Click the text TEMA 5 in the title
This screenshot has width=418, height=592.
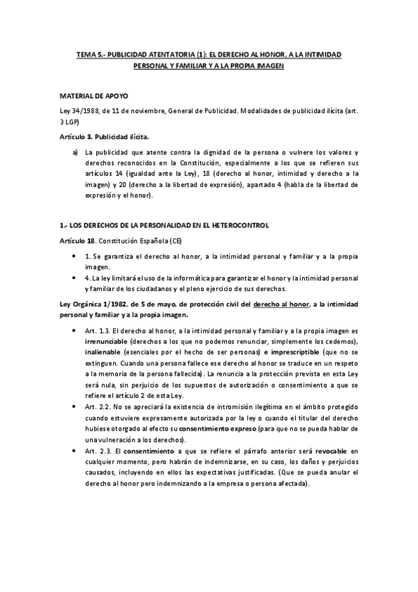coord(89,54)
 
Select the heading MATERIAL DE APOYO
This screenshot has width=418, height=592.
coord(94,94)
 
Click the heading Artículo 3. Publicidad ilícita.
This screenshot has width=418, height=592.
coord(105,135)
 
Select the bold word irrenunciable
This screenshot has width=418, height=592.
coord(105,341)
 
